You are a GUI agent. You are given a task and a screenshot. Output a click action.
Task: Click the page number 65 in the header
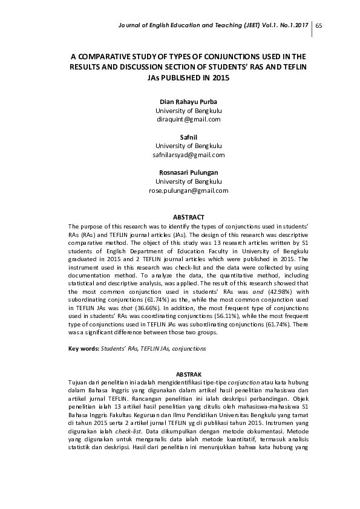click(x=319, y=25)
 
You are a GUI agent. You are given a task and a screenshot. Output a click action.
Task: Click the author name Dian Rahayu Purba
click(x=188, y=102)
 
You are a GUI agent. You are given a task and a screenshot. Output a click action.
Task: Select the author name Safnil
click(x=188, y=137)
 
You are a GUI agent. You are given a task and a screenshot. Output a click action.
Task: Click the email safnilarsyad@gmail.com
click(x=188, y=155)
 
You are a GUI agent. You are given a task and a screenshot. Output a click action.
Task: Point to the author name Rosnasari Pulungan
click(x=188, y=173)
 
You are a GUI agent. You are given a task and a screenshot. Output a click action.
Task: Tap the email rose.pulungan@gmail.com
click(x=188, y=190)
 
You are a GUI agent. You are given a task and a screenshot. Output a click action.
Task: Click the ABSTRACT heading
click(x=188, y=217)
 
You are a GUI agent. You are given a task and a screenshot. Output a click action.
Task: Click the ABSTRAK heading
click(x=188, y=375)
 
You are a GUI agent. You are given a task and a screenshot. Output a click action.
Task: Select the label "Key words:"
click(x=83, y=349)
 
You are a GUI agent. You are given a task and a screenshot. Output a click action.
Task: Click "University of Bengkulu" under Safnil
click(x=188, y=146)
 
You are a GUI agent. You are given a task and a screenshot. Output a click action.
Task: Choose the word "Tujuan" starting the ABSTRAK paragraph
click(x=79, y=383)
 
